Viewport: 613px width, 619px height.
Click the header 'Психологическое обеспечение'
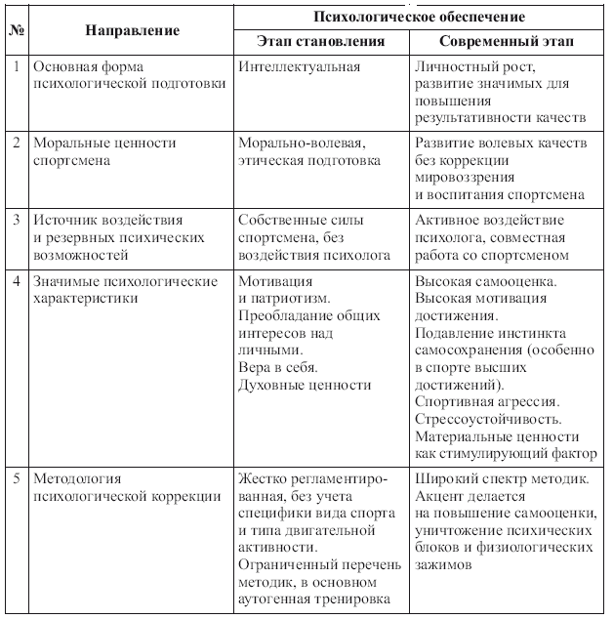[x=419, y=17]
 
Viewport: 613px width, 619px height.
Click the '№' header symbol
[x=17, y=30]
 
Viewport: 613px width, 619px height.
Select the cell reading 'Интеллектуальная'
[x=299, y=66]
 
